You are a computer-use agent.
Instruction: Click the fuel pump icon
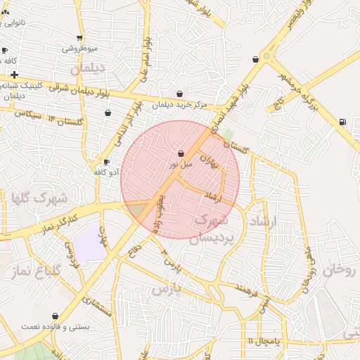click(342, 122)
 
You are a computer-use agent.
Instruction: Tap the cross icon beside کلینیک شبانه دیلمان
click(14, 74)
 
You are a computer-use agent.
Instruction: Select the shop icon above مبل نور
click(181, 153)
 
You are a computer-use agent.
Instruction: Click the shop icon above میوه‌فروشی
click(79, 38)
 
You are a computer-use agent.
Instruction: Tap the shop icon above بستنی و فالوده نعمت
click(56, 316)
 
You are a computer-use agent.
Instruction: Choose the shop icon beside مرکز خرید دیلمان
click(180, 94)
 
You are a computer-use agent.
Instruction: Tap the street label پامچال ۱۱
click(263, 341)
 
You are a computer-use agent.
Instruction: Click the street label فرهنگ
click(248, 288)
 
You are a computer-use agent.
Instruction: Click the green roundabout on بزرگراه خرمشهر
click(266, 56)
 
